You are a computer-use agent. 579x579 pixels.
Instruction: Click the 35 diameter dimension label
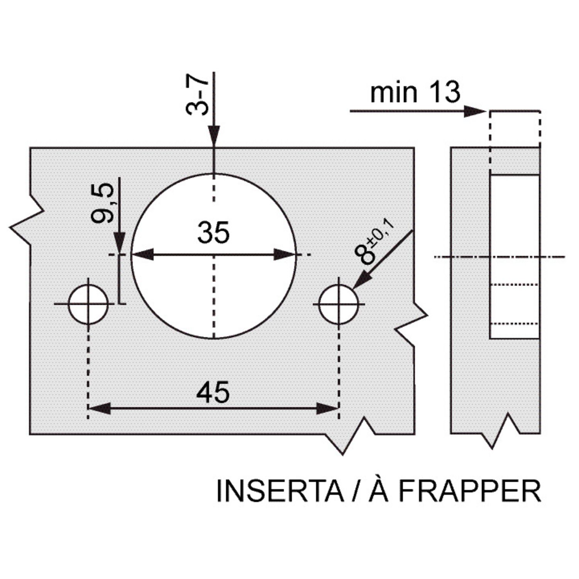coord(213,232)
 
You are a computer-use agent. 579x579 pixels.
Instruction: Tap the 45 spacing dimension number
coord(213,392)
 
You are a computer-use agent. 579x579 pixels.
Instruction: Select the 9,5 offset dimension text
coord(103,203)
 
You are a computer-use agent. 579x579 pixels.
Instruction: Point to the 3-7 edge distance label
coord(197,95)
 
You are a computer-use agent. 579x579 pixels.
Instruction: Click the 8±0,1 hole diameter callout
coord(373,243)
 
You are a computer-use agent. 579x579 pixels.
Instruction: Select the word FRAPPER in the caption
coord(470,491)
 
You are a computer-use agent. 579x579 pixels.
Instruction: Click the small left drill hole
coord(88,304)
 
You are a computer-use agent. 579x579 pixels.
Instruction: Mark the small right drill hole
coord(339,304)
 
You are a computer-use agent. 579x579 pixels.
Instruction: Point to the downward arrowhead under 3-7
coord(213,136)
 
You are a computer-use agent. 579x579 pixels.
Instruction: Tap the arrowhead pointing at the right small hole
coord(361,281)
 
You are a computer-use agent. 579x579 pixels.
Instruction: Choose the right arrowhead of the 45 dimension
coord(327,408)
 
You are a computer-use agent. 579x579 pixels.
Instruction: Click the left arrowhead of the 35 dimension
coord(143,255)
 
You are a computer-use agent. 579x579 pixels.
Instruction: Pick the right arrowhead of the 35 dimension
coord(285,255)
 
